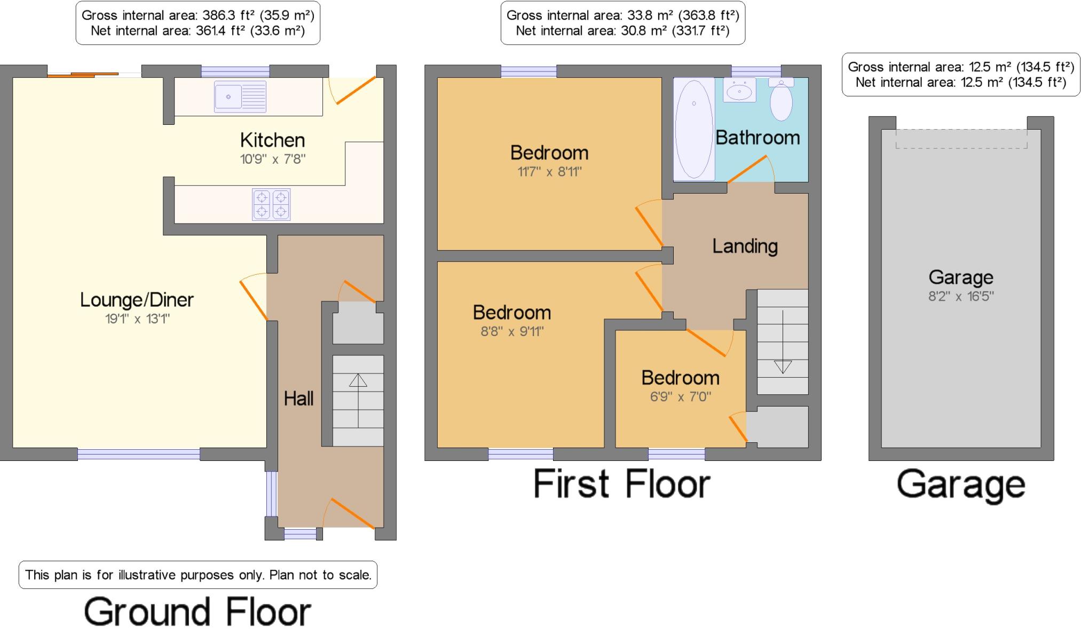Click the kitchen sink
click(240, 97)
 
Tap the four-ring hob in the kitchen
click(271, 204)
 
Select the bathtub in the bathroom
click(694, 129)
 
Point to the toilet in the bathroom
click(781, 99)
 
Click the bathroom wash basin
click(739, 90)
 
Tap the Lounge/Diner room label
click(137, 300)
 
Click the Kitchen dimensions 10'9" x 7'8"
click(273, 159)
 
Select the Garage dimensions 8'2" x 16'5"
click(961, 296)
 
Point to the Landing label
click(745, 246)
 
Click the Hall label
click(298, 398)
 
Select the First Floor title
click(621, 484)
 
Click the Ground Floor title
click(198, 611)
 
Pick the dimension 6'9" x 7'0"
click(681, 396)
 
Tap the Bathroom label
click(758, 138)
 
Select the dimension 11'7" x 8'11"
click(549, 172)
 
